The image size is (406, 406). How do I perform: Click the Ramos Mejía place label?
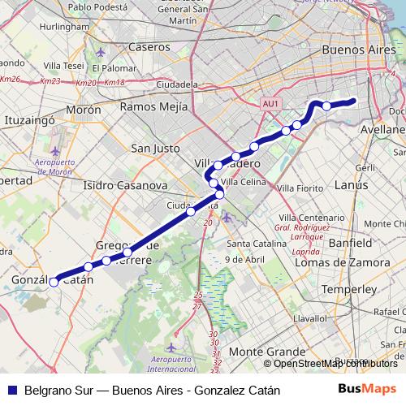click(x=154, y=106)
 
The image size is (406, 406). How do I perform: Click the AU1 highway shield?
click(x=271, y=104)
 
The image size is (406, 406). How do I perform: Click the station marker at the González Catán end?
click(x=54, y=283)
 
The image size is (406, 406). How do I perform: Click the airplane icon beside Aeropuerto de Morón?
click(x=55, y=152)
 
